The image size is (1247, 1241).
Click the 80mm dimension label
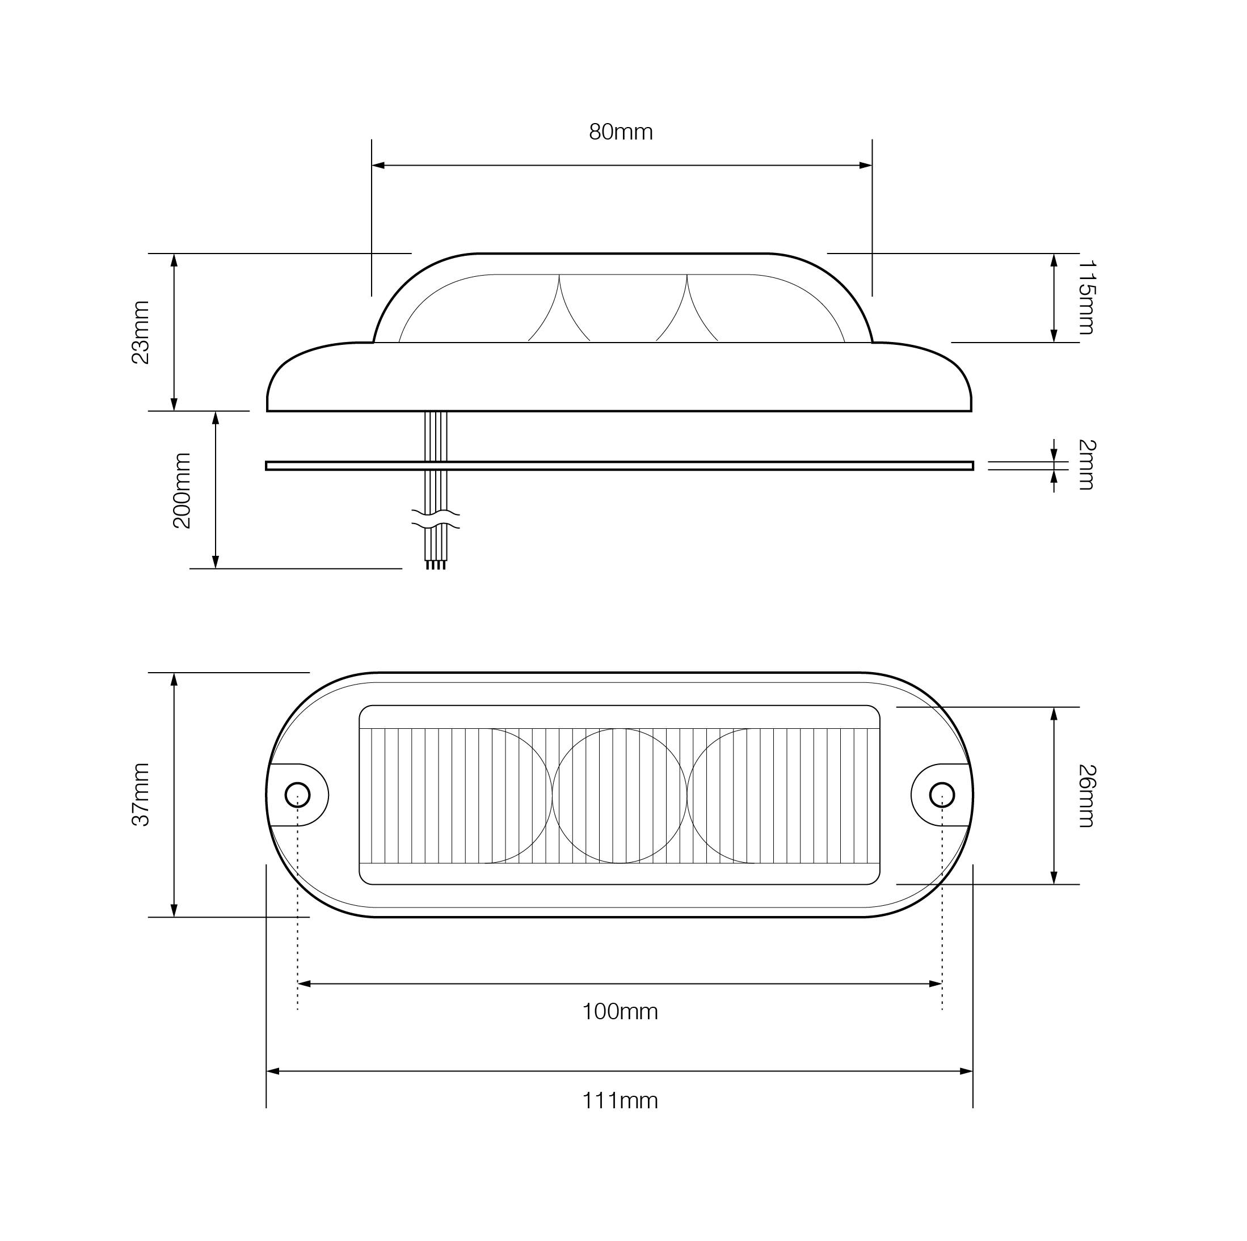pos(620,132)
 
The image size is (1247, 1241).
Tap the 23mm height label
pos(141,332)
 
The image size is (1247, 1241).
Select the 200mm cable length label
pos(183,491)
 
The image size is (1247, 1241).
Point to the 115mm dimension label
pos(1087,298)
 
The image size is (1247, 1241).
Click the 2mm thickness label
pos(1087,465)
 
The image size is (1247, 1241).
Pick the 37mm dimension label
pos(141,795)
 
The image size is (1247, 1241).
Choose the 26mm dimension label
pos(1087,796)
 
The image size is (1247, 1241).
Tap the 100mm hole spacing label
pos(620,1011)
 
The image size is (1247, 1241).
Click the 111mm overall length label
pos(620,1100)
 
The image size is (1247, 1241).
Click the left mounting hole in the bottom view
pos(297,795)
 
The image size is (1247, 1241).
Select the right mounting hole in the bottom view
pos(942,795)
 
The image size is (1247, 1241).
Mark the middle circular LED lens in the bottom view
pos(620,796)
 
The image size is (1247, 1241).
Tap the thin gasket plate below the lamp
pos(620,465)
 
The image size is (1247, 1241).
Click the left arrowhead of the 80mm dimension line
pos(378,165)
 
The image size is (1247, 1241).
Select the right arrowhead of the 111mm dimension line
pos(966,1071)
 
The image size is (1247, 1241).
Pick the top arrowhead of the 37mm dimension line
pos(174,679)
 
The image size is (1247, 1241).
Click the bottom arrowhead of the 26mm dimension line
pos(1054,877)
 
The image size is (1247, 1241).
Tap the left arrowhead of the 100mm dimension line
pos(304,983)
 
